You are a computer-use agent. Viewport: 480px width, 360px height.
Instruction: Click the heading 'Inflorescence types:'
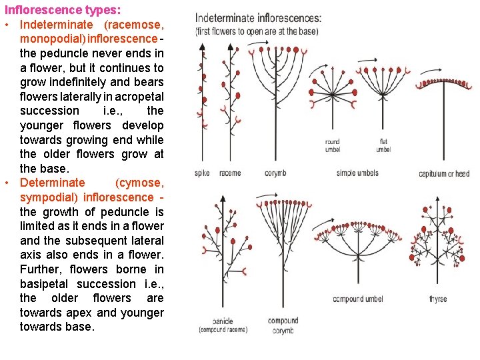click(63, 10)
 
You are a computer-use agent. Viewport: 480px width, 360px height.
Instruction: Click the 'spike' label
click(201, 173)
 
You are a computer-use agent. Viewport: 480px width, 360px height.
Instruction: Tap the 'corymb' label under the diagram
click(275, 173)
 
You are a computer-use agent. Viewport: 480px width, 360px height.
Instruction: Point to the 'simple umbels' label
click(357, 173)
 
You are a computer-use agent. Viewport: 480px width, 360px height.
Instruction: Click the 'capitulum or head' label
click(444, 174)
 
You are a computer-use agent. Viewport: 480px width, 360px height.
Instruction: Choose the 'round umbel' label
click(332, 145)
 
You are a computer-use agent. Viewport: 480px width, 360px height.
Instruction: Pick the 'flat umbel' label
click(383, 145)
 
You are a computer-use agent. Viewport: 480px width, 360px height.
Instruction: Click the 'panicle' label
click(223, 321)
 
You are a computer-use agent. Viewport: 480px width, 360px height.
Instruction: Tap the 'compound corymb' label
click(283, 325)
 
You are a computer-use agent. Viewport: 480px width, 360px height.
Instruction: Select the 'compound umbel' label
click(359, 299)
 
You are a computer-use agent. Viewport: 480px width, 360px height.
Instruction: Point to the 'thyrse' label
click(438, 299)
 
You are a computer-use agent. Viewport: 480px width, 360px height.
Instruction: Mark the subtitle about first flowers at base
click(257, 31)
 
